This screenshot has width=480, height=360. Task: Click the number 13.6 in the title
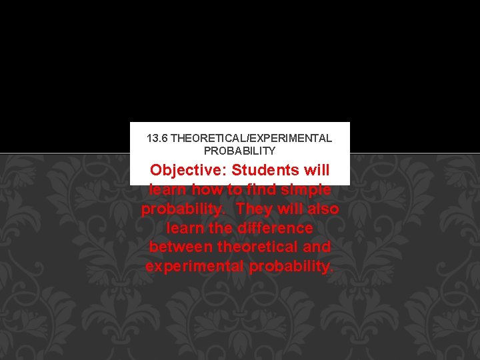pos(157,139)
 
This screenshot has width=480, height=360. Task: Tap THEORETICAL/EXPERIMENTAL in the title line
pos(251,139)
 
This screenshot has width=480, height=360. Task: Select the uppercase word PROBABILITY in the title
pos(239,151)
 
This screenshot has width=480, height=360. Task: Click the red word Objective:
pos(189,171)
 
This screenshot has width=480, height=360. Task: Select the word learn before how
pos(167,190)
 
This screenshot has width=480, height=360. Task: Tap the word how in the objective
pos(207,190)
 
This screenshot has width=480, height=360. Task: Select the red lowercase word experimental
pos(195,267)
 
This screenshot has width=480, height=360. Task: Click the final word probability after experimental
pos(291,267)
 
